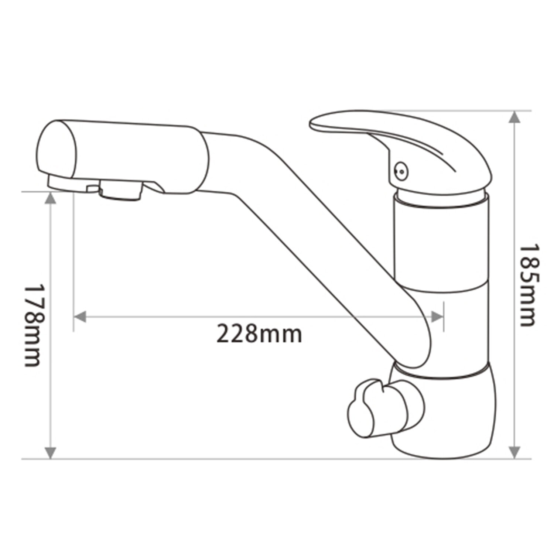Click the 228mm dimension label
[x=259, y=334]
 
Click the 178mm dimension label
[x=33, y=325]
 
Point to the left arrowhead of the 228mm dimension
[x=80, y=316]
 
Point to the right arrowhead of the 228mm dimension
[x=437, y=316]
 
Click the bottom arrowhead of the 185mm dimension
[x=514, y=452]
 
